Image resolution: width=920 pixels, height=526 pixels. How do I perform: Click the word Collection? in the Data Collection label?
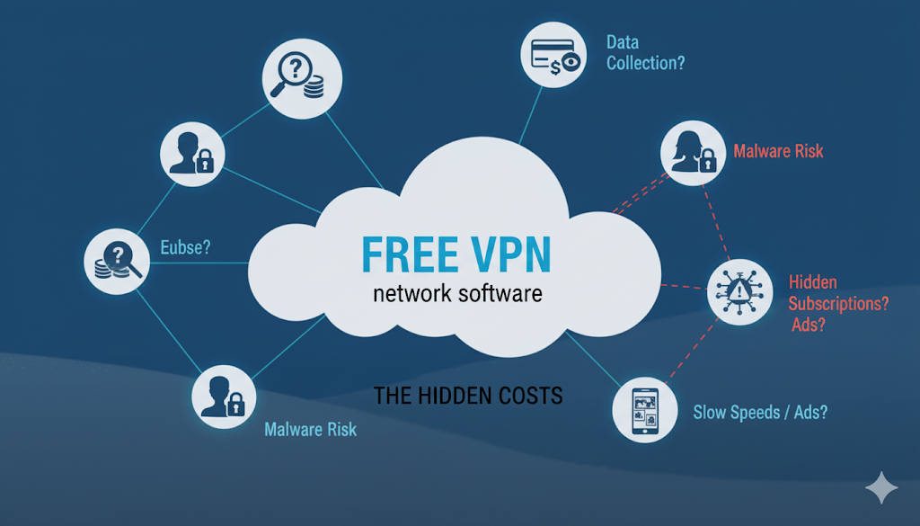pos(646,63)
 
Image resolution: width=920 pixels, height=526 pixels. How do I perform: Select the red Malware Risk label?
pos(778,150)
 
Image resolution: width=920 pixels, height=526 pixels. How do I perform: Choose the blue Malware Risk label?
pos(310,429)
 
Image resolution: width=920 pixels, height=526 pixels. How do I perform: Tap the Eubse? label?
pos(185,246)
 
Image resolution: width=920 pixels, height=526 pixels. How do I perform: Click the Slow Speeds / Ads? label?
pos(760,413)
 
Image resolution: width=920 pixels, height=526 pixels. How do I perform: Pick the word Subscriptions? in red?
pos(838,304)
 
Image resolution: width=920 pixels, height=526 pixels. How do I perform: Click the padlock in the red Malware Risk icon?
pos(707,164)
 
